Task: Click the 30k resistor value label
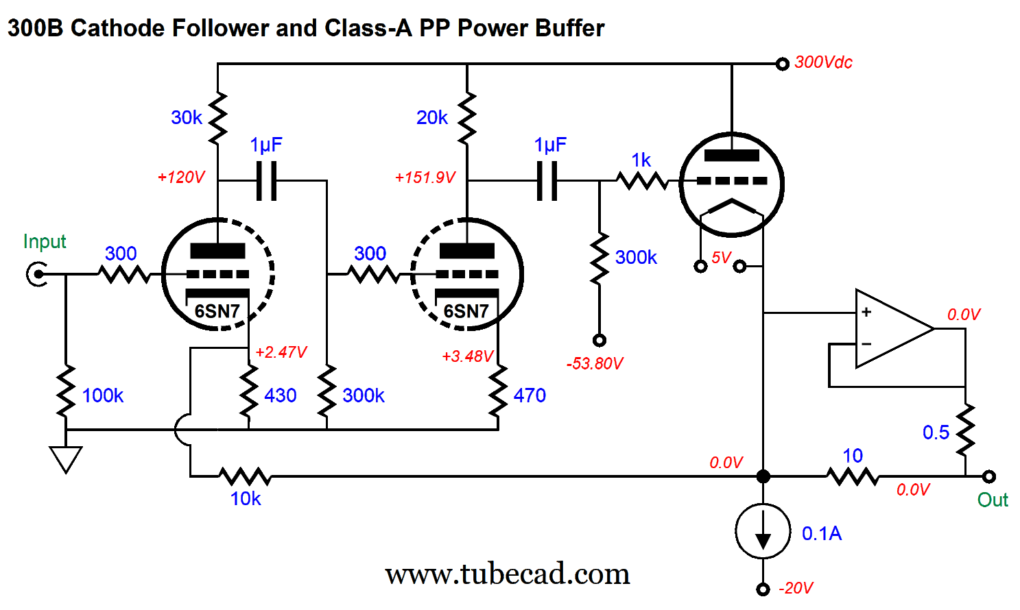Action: tap(187, 118)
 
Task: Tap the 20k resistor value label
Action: tap(432, 118)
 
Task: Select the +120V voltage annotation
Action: tap(181, 178)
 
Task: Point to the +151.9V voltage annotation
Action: tap(425, 178)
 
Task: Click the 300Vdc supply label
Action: tap(823, 62)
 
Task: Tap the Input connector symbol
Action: tap(36, 275)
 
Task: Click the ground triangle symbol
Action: tap(66, 459)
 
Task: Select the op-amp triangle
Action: tap(892, 328)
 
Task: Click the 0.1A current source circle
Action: tap(763, 532)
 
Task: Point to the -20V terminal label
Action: tap(796, 588)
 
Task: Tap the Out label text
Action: tap(993, 500)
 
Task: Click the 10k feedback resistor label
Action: tap(246, 499)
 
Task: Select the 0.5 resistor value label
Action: tap(936, 432)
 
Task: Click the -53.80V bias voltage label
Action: tap(595, 363)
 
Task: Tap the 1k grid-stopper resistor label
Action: tap(641, 160)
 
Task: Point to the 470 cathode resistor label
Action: tap(530, 395)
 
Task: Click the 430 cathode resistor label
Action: tap(281, 395)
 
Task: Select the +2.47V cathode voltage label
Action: tap(281, 352)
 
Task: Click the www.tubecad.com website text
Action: tap(507, 574)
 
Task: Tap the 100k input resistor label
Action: tap(103, 395)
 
